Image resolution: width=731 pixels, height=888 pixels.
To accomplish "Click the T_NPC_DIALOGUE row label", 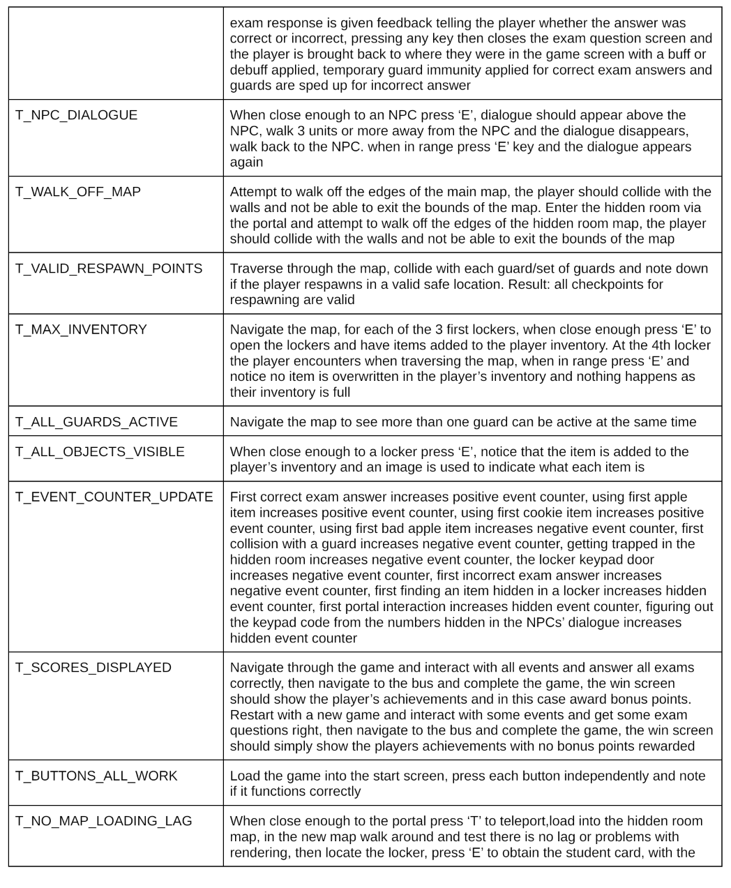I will [x=76, y=115].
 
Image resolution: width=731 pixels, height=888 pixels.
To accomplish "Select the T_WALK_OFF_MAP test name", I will [x=78, y=192].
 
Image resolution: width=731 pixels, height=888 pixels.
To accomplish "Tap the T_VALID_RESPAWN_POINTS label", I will [x=109, y=269].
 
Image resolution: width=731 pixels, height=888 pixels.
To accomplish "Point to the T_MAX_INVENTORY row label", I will [x=81, y=329].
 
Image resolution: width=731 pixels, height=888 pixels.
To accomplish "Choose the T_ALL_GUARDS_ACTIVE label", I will [x=96, y=422].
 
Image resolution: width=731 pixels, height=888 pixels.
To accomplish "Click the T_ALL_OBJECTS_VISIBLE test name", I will [x=100, y=452].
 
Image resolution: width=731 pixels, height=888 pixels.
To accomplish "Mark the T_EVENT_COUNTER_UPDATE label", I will [x=114, y=497].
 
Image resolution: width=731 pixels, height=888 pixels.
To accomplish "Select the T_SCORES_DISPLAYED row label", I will [x=93, y=668].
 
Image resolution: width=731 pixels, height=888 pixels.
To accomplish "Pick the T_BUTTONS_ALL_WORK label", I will [x=96, y=776].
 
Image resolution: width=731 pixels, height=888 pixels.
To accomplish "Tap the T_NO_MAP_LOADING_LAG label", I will [x=103, y=821].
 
